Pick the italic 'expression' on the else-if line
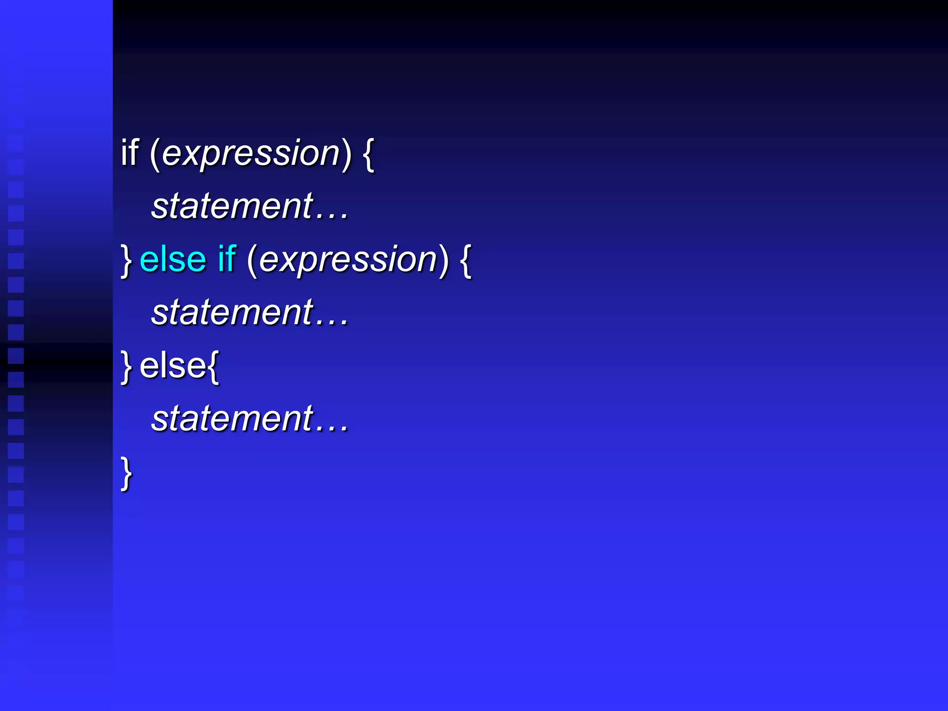348,260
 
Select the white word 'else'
173,366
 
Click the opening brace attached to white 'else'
213,367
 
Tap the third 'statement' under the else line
233,419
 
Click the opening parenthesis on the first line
155,154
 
